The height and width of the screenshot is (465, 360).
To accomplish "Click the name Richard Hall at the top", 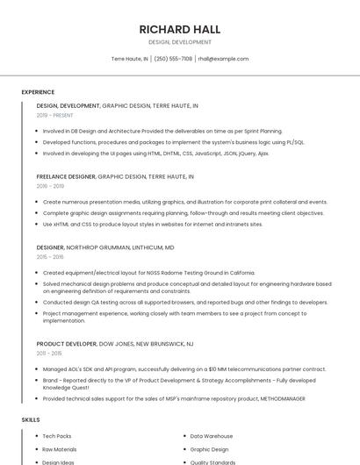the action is click(179, 29).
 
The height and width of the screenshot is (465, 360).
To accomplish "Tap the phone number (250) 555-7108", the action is click(173, 59).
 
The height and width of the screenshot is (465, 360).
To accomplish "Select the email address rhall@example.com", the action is click(223, 59).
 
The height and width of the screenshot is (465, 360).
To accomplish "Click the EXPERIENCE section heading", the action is click(38, 92).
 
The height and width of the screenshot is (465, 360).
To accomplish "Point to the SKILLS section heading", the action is click(31, 419).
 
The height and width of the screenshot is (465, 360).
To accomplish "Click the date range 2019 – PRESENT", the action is click(55, 115).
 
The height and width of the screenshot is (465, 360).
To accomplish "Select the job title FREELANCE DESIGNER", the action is click(66, 176).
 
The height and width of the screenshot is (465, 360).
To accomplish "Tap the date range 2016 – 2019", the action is click(50, 186).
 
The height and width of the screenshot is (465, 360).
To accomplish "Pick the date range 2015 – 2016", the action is click(50, 257).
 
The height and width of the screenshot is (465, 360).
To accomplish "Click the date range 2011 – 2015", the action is click(50, 354).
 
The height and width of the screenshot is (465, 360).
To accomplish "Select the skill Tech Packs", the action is click(57, 436).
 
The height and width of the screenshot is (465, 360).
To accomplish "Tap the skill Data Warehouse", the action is click(212, 436).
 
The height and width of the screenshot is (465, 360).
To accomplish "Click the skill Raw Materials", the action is click(60, 449).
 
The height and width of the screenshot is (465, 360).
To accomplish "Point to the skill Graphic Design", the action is click(209, 449).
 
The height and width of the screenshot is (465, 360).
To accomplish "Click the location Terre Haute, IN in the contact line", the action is click(129, 59).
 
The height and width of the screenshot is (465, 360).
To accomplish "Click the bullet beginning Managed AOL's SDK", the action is click(184, 369).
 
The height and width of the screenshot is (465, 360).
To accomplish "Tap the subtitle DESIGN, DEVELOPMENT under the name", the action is click(179, 42).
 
